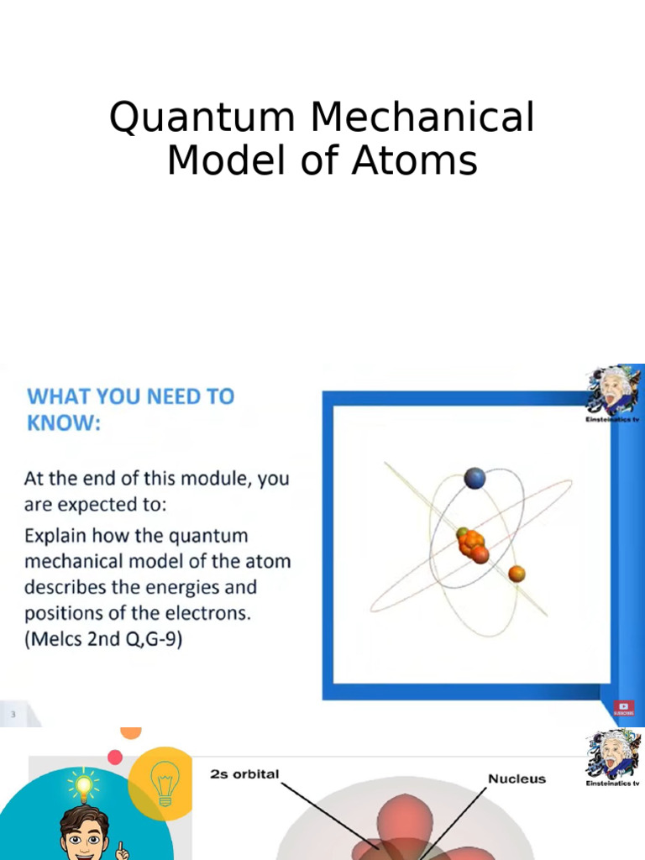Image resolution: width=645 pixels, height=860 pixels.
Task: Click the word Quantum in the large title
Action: (204, 118)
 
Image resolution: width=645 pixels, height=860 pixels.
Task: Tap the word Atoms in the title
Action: (414, 160)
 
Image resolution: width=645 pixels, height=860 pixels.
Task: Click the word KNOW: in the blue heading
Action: (64, 423)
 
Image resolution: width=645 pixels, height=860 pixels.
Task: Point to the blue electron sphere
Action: (475, 479)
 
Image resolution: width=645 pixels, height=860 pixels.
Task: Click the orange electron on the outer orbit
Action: (517, 574)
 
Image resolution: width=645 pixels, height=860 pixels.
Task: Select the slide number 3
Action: (13, 715)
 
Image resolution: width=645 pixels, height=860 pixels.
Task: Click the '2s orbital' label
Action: (244, 774)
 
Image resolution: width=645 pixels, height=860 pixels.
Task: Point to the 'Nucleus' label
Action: (517, 779)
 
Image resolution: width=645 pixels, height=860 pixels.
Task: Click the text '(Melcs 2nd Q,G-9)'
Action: (103, 639)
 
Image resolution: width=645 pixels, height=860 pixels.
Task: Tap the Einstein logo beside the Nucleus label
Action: (613, 756)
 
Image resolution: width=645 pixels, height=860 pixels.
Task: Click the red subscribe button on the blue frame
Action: (623, 708)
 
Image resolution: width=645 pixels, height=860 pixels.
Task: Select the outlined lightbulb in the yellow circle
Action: (165, 783)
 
